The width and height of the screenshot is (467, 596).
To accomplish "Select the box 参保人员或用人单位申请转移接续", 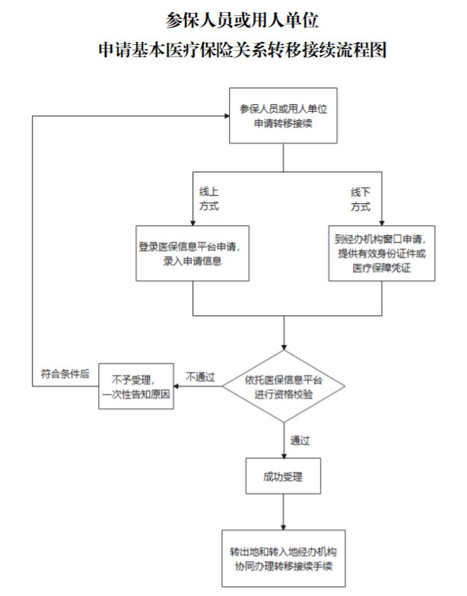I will tap(284, 116).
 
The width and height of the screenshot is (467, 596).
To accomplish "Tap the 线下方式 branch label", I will tap(361, 199).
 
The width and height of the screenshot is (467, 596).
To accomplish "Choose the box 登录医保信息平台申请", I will tap(193, 253).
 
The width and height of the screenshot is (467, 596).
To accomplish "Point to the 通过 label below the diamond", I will tap(300, 441).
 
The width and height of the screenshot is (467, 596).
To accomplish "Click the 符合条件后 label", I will tap(65, 374).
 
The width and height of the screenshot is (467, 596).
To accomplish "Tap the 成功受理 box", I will tap(284, 477).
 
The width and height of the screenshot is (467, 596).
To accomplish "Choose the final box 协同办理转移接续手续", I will tap(284, 557).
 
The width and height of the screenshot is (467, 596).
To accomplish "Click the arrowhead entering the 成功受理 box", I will tap(284, 454).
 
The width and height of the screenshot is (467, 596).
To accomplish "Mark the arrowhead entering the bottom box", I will tap(284, 525).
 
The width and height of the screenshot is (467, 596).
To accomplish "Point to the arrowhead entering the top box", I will tap(227, 116).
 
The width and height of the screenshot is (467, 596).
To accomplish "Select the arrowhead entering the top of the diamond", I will tap(284, 346).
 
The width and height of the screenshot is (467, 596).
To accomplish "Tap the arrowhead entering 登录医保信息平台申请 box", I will tap(193, 221).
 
